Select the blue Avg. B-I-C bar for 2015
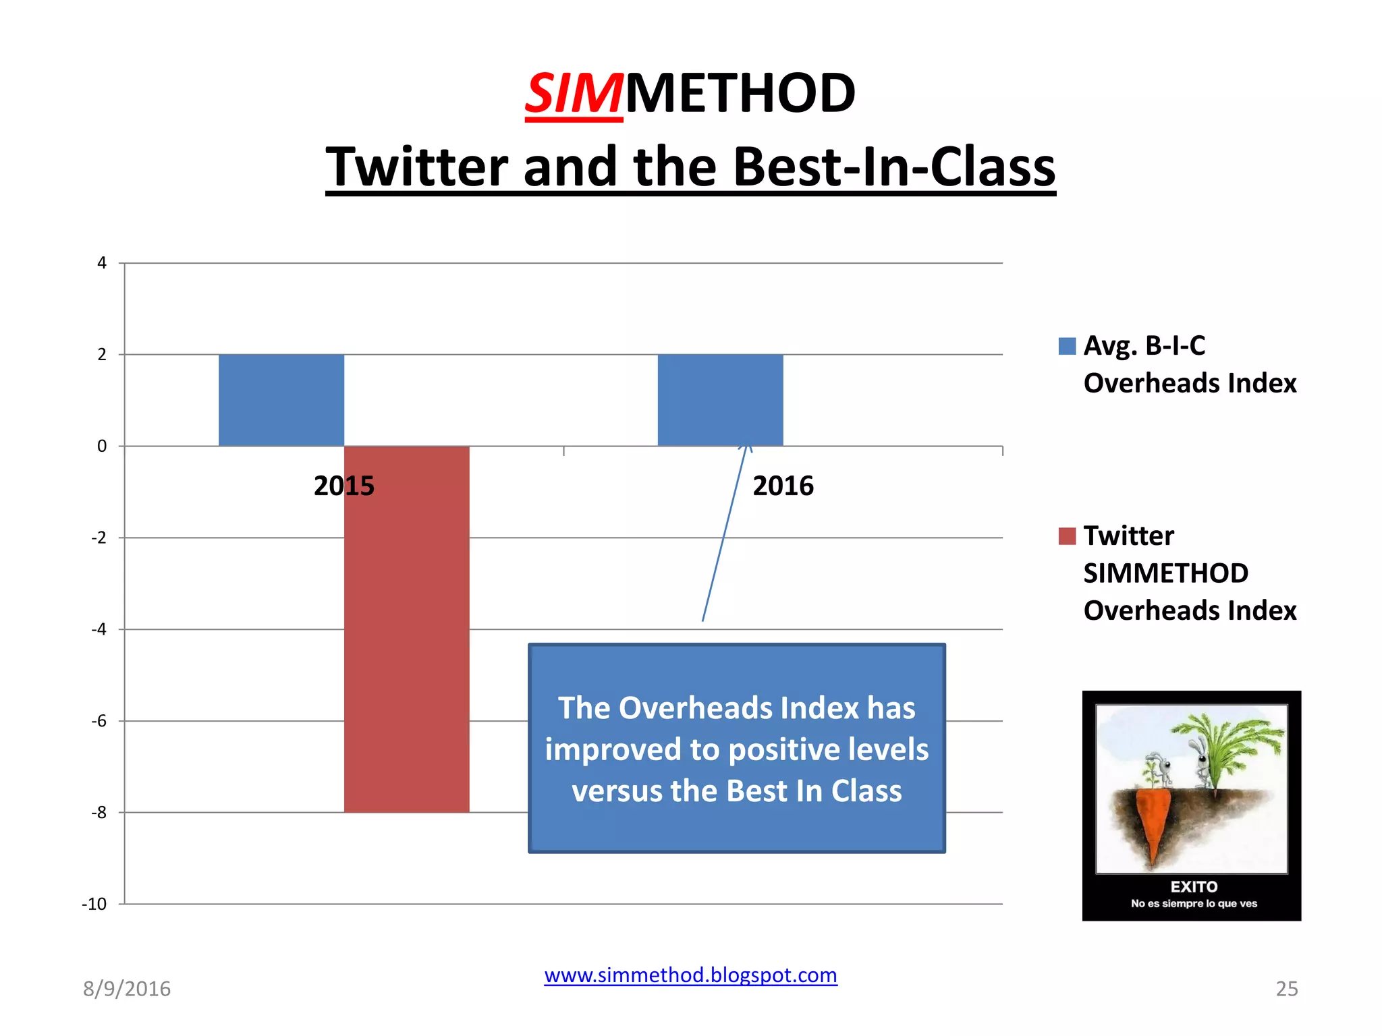tap(281, 400)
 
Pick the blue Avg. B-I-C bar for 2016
tap(720, 400)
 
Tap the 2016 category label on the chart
tap(783, 486)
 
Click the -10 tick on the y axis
tap(94, 904)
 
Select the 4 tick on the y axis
tap(102, 263)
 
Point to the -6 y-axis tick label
tap(99, 721)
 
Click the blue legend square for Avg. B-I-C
tap(1067, 346)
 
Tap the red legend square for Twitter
tap(1067, 536)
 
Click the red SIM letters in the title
tap(574, 94)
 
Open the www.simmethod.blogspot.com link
tap(690, 975)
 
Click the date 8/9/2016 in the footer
tap(127, 989)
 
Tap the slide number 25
tap(1286, 989)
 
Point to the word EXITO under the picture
tap(1194, 887)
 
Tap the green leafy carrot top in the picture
tap(1228, 742)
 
